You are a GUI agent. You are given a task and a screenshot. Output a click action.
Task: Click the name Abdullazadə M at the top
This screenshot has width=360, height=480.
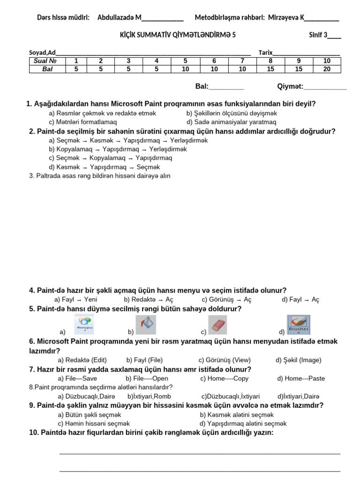click(119, 18)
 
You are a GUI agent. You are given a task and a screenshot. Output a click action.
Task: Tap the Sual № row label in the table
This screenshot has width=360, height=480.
click(45, 61)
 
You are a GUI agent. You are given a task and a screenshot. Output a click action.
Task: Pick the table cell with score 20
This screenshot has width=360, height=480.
click(327, 69)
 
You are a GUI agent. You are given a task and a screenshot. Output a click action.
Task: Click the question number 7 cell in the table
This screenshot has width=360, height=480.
click(242, 61)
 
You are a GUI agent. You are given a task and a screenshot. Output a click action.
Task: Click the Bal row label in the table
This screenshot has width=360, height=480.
click(45, 69)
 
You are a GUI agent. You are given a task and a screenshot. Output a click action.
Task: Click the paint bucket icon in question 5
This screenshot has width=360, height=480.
click(146, 324)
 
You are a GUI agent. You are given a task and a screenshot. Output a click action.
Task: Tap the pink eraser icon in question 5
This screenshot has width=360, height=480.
click(217, 324)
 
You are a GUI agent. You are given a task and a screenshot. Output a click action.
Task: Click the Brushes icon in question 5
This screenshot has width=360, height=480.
click(298, 324)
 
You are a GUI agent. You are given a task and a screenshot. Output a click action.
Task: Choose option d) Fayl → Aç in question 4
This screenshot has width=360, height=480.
click(300, 300)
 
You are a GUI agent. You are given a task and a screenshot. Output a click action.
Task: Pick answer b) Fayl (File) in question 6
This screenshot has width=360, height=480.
click(144, 360)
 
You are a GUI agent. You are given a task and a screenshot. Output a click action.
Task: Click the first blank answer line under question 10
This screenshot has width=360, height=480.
click(200, 453)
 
